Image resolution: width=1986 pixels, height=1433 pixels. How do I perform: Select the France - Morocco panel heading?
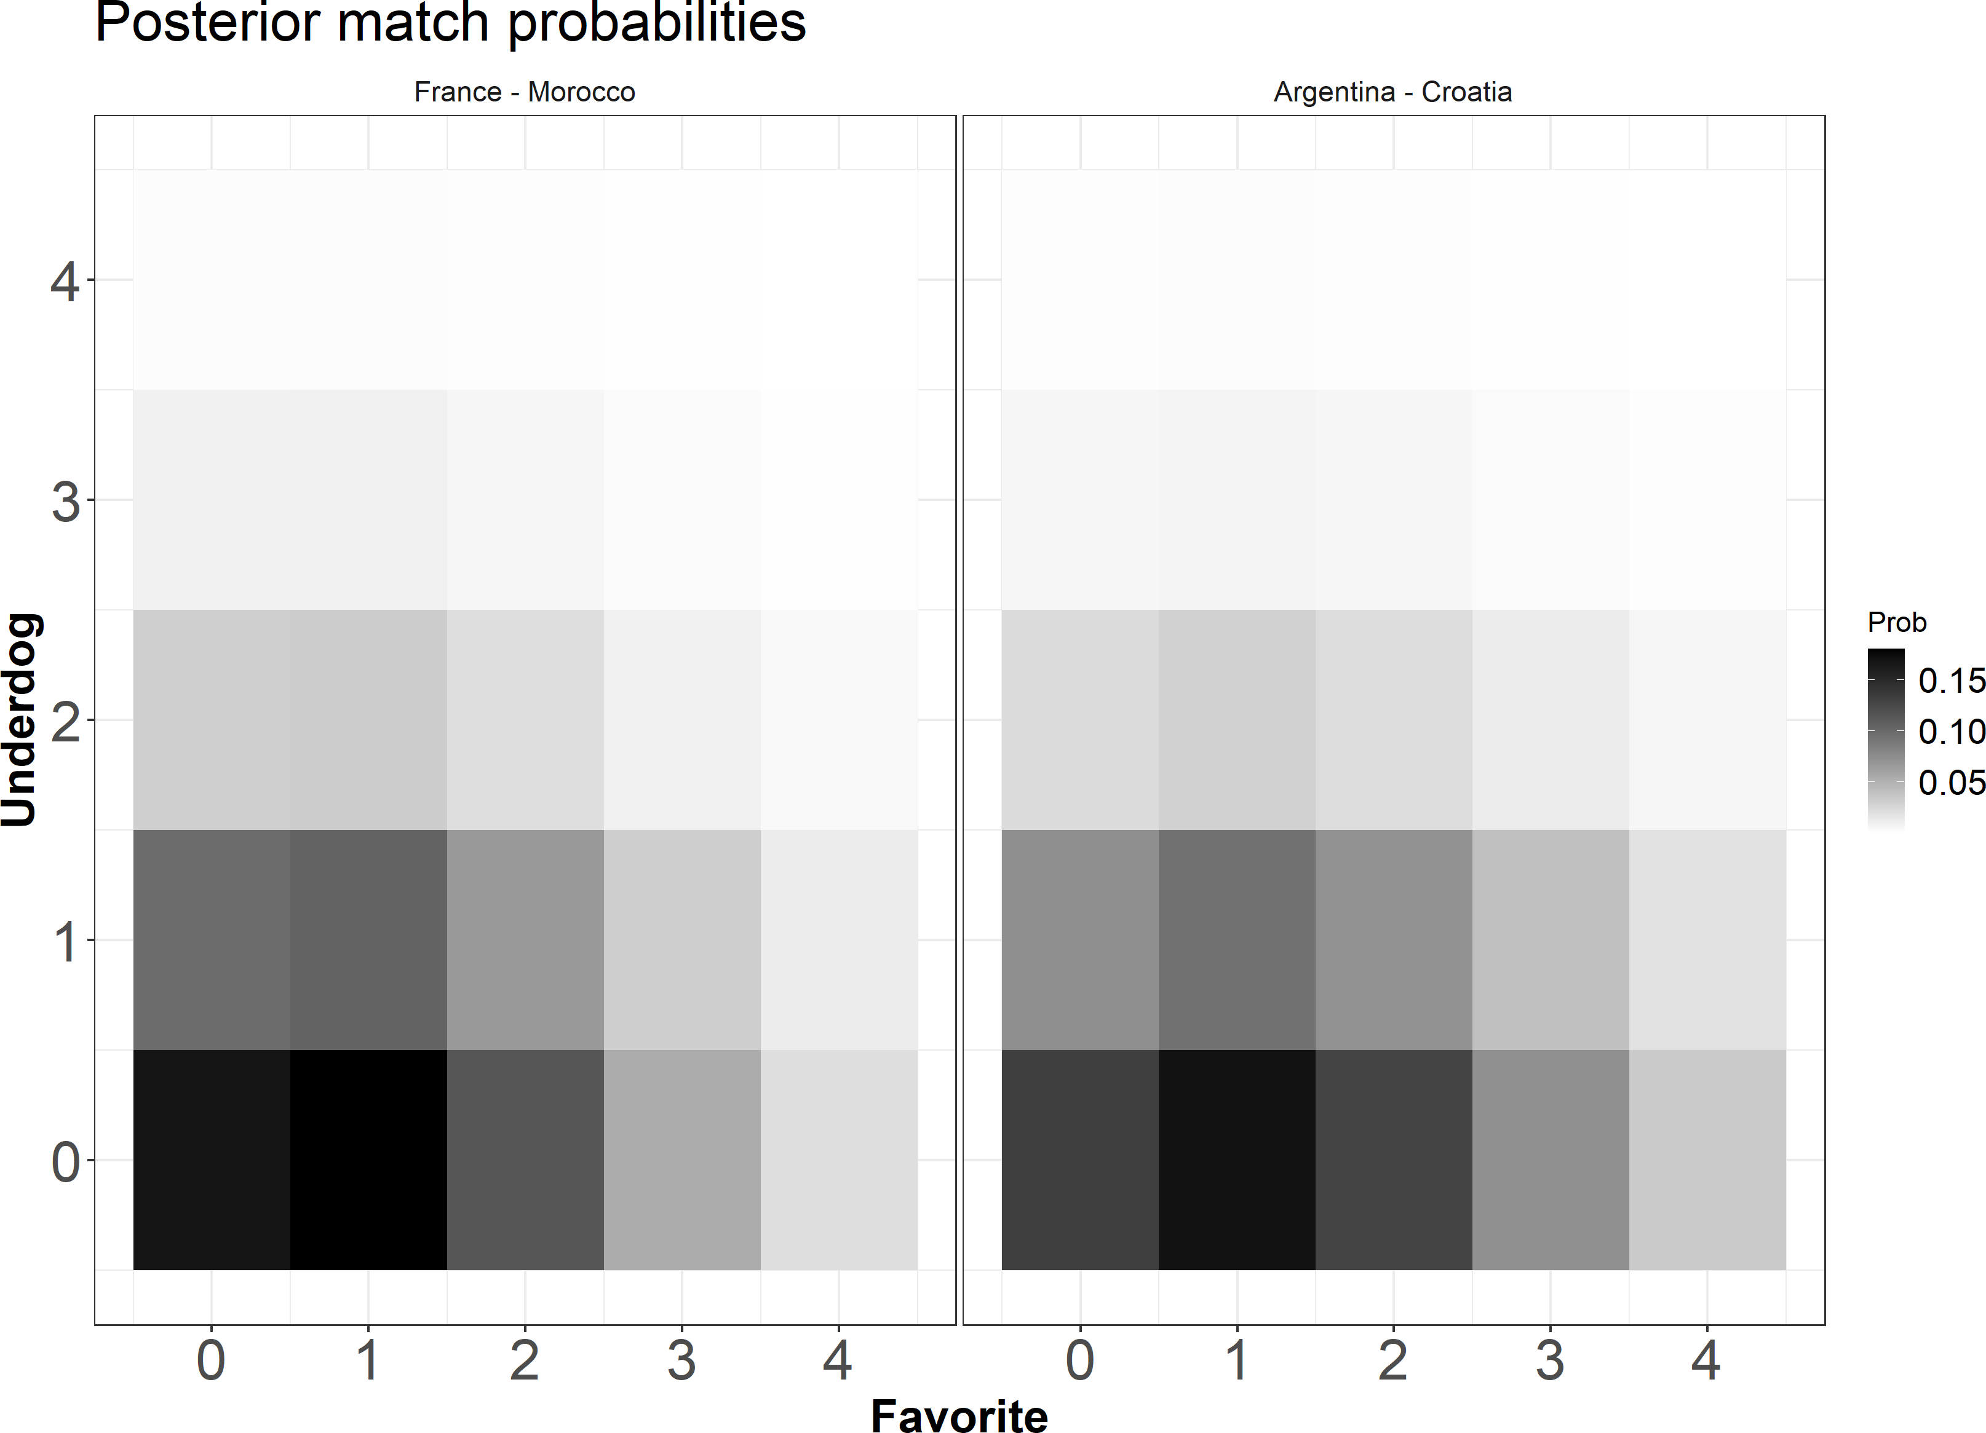525,92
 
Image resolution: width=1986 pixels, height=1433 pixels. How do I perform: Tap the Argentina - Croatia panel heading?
1392,92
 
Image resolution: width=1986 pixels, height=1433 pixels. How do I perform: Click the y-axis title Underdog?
19,719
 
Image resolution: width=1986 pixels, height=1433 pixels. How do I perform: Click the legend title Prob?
1897,622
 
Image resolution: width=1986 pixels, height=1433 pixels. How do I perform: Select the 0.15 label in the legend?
1951,680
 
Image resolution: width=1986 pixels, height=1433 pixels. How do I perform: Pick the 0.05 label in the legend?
1951,782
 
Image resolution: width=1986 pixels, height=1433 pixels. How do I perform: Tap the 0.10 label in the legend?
1951,731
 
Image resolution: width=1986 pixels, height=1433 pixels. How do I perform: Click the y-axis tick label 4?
65,282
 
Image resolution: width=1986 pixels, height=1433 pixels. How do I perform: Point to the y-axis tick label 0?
65,1162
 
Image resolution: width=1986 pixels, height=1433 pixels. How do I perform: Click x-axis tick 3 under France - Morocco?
681,1359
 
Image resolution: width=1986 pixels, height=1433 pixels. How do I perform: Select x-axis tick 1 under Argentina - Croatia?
1236,1359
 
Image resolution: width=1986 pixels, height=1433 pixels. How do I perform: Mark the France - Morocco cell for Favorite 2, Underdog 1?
525,939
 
